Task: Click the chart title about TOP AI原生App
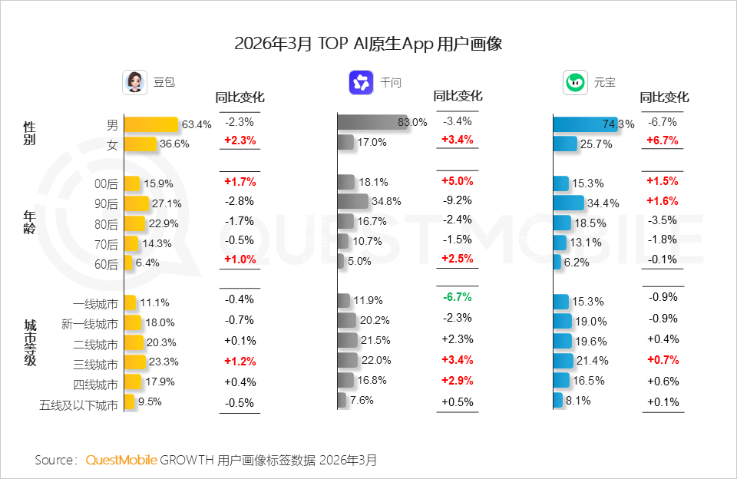[x=368, y=43]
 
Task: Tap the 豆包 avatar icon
[x=134, y=82]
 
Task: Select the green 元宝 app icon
[x=575, y=82]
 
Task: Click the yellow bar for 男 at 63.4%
[x=150, y=124]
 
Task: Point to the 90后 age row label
[x=107, y=204]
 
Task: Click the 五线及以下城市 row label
[x=79, y=405]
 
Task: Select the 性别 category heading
[x=30, y=133]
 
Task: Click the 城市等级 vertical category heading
[x=30, y=343]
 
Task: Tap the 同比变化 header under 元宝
[x=664, y=97]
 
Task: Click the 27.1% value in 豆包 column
[x=167, y=203]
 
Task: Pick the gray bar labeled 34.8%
[x=353, y=201]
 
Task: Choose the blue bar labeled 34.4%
[x=568, y=203]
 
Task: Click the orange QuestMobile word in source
[x=121, y=460]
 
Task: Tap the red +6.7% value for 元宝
[x=662, y=141]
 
